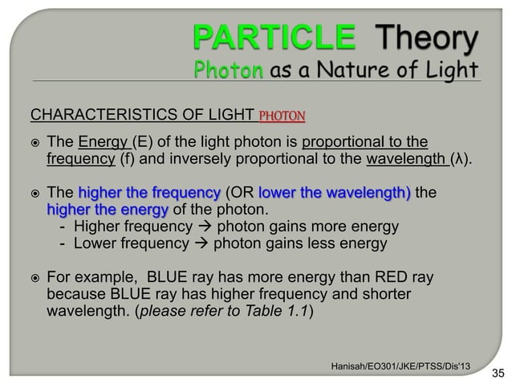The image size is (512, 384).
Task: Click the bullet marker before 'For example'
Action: pos(35,278)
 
